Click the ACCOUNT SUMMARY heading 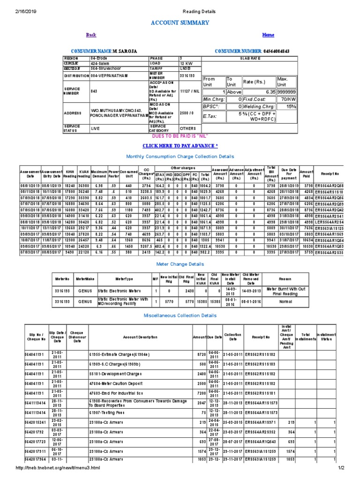(180, 22)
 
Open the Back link (91, 35)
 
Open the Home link (268, 35)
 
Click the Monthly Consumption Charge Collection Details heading (180, 156)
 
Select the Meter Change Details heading (180, 264)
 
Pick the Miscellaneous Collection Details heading (180, 316)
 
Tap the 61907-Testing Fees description (112, 412)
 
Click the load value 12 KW (186, 63)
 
